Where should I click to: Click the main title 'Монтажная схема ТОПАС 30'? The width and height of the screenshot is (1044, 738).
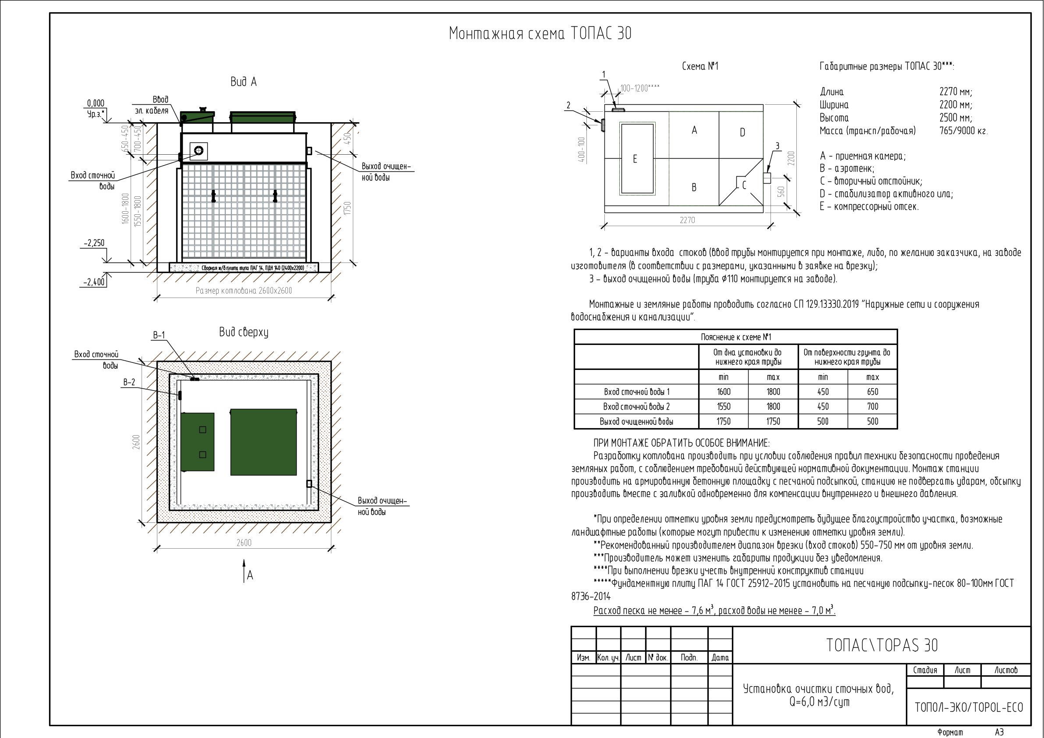click(x=540, y=33)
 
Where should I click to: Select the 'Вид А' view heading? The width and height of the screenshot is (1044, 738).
click(x=244, y=82)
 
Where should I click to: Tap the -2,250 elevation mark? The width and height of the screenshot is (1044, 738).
click(x=94, y=243)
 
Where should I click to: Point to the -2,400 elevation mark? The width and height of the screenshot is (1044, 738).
click(x=94, y=282)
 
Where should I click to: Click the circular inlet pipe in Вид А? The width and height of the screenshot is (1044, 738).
click(x=199, y=150)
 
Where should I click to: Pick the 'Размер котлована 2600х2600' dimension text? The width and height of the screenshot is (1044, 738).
click(x=244, y=291)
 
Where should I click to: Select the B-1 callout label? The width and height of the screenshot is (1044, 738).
click(x=159, y=336)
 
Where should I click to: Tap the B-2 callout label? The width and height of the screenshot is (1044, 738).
click(x=129, y=383)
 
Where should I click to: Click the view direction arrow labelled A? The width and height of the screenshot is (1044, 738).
click(x=245, y=571)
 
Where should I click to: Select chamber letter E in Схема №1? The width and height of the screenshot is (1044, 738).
click(x=635, y=159)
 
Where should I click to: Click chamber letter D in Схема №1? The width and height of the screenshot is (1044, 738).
click(x=742, y=133)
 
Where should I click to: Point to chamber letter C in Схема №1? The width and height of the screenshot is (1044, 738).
click(x=744, y=185)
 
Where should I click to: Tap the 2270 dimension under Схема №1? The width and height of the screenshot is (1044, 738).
click(x=687, y=220)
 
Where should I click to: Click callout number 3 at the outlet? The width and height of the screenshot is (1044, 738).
click(x=777, y=146)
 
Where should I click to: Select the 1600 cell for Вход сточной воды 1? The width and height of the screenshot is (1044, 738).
click(x=724, y=392)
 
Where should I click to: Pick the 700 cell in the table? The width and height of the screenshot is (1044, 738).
click(x=873, y=407)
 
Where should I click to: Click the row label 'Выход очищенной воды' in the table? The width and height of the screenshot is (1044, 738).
click(x=636, y=422)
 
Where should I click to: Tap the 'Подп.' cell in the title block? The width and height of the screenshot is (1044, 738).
click(x=689, y=657)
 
